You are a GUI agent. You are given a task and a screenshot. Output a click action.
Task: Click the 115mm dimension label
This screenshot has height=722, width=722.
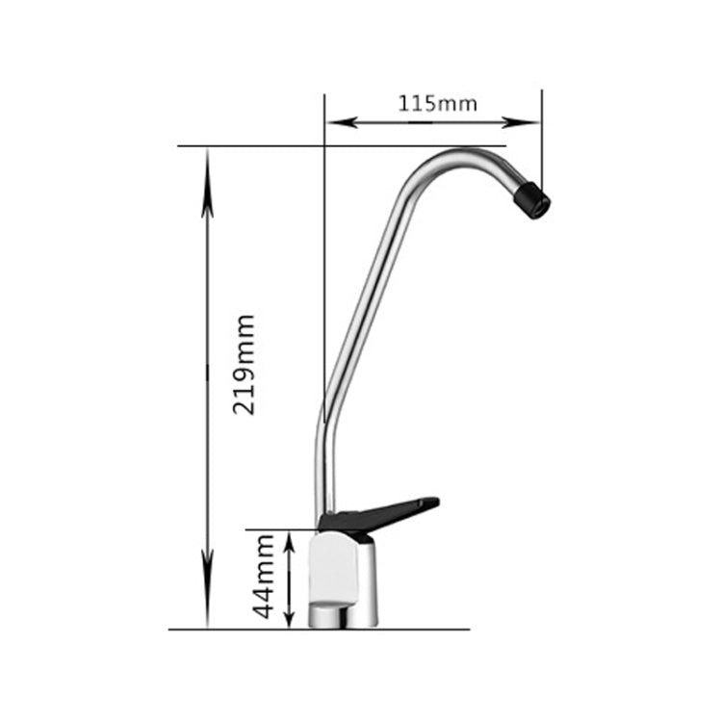pyautogui.click(x=437, y=103)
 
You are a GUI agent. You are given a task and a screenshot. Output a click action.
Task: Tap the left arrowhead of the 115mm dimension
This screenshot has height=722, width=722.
pyautogui.click(x=337, y=122)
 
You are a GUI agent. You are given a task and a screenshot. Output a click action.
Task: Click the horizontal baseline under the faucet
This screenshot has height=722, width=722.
pyautogui.click(x=318, y=630)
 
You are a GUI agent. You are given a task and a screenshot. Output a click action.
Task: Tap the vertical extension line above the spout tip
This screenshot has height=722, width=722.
pyautogui.click(x=541, y=135)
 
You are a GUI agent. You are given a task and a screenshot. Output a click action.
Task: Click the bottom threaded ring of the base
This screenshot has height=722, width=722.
pyautogui.click(x=343, y=614)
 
